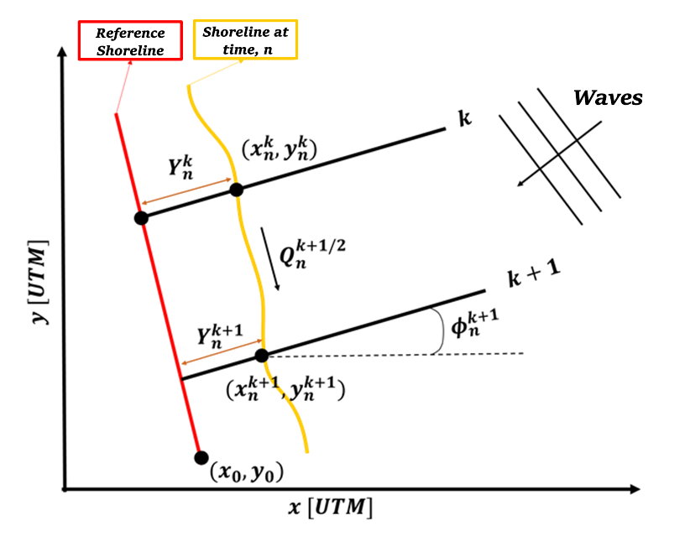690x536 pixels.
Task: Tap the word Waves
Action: [607, 98]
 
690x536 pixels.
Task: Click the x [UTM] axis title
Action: [330, 508]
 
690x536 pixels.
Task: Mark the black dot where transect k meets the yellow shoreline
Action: [236, 190]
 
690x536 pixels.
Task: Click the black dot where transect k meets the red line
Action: [141, 218]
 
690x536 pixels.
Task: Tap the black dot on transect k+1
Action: [262, 355]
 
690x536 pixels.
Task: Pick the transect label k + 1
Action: [534, 278]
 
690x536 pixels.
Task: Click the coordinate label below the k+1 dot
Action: [285, 388]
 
